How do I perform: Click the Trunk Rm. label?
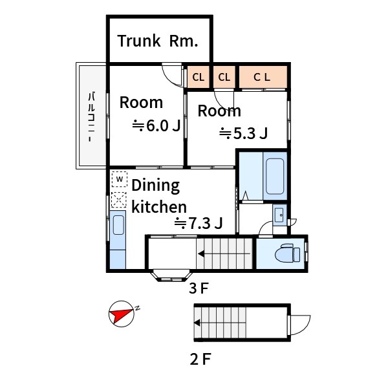coord(158,41)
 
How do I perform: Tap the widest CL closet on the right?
coord(263,77)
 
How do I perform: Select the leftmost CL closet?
coord(199,77)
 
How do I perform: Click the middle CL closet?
coord(224,77)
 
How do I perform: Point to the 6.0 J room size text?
coord(156,125)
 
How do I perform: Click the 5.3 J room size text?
coord(243,133)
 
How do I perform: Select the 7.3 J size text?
coord(199,223)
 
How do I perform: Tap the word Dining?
coord(156,186)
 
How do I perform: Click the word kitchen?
coord(159,207)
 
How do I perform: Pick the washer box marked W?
coord(120,179)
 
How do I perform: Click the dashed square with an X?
coord(119,200)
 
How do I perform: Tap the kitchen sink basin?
coord(118,225)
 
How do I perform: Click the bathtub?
coord(275,177)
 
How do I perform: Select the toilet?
coord(287,253)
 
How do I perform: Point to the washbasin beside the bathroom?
coord(279,215)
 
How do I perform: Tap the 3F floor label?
coord(199,288)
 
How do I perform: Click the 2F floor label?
coord(200,360)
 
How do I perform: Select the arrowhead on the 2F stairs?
coord(197,323)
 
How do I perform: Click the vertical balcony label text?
coord(92,117)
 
